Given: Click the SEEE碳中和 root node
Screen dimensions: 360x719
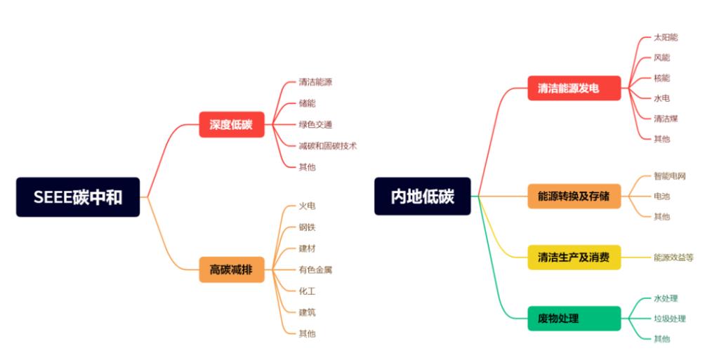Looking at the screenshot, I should pyautogui.click(x=78, y=197).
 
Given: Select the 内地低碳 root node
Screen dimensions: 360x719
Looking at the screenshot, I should pyautogui.click(x=423, y=196).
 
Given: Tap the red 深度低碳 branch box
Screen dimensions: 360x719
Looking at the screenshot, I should pyautogui.click(x=231, y=125).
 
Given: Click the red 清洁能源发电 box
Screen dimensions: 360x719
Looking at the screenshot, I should pyautogui.click(x=574, y=88).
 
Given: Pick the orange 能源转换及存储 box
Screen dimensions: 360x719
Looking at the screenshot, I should pyautogui.click(x=574, y=196).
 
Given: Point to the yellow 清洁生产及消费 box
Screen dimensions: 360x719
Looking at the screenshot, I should pyautogui.click(x=574, y=258).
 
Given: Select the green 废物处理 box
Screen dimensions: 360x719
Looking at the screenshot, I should pyautogui.click(x=574, y=319).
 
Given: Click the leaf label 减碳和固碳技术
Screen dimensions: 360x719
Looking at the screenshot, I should pyautogui.click(x=328, y=146).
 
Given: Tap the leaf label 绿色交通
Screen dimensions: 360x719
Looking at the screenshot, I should pyautogui.click(x=315, y=125).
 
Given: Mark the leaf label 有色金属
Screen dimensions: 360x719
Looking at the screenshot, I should pyautogui.click(x=315, y=269).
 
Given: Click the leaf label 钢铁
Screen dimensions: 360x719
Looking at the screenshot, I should pyautogui.click(x=307, y=227).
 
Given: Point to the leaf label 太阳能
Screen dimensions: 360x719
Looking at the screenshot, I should pyautogui.click(x=666, y=37).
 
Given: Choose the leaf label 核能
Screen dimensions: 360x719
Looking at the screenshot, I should pyautogui.click(x=661, y=78).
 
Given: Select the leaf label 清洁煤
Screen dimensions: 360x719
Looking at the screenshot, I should pyautogui.click(x=666, y=119).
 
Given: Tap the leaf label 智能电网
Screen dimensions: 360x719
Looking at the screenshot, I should pyautogui.click(x=669, y=176).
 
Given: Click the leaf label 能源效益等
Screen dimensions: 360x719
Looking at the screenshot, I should pyautogui.click(x=673, y=258).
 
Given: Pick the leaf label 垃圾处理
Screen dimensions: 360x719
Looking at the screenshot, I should pyautogui.click(x=669, y=319).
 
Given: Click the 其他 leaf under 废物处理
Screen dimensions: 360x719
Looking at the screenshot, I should pyautogui.click(x=661, y=339).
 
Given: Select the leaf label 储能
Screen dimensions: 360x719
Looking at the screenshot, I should pyautogui.click(x=307, y=103).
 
